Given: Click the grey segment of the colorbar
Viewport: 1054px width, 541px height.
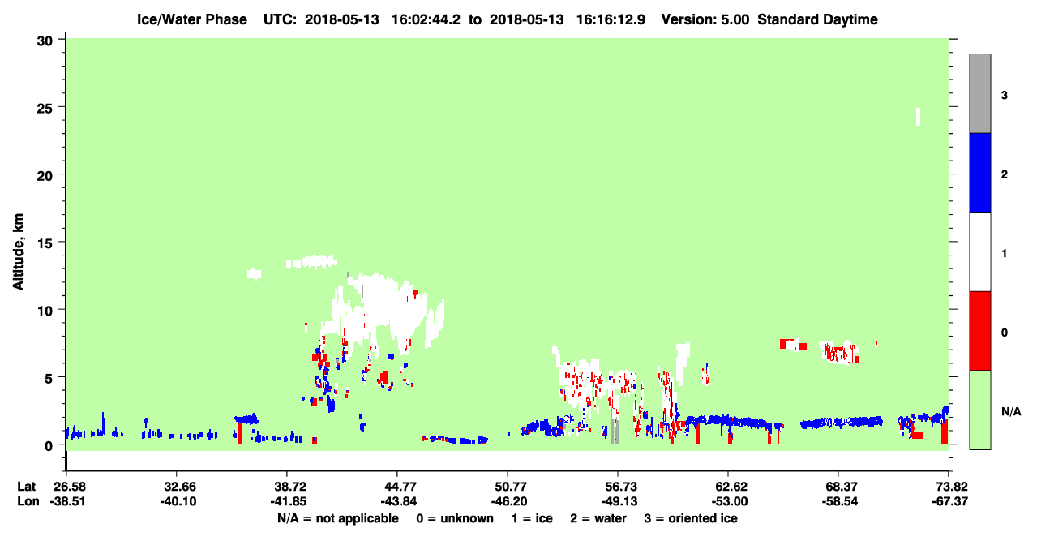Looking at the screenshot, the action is tap(979, 93).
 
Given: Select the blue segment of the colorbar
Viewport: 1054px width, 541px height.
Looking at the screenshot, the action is tap(979, 172).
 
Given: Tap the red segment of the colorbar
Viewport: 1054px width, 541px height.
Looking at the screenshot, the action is tap(979, 331).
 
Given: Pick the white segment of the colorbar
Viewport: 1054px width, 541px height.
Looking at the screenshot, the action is tap(979, 251).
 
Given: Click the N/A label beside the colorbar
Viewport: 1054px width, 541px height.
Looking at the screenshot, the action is tap(1011, 411).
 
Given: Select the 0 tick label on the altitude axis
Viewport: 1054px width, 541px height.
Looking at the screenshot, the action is tap(49, 445).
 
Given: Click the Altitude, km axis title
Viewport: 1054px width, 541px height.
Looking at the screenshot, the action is tap(18, 251).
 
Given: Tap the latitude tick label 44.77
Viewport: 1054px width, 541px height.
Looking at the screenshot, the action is tap(398, 487).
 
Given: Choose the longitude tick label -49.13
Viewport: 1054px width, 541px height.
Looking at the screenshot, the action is tap(619, 501).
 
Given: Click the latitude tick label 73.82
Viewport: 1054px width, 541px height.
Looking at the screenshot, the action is tap(949, 487).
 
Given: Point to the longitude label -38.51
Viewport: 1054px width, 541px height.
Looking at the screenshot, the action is tap(68, 501).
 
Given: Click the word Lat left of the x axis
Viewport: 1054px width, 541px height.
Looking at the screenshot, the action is tap(26, 487).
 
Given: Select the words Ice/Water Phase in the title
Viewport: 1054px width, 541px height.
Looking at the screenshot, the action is tap(192, 19).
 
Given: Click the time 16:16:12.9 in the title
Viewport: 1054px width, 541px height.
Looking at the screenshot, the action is tap(611, 19).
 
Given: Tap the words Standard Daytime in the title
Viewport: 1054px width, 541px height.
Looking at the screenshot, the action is tap(818, 19).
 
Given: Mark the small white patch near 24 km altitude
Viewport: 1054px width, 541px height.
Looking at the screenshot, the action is tap(918, 117).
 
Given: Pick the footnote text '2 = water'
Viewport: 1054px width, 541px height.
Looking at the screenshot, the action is tap(598, 518).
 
